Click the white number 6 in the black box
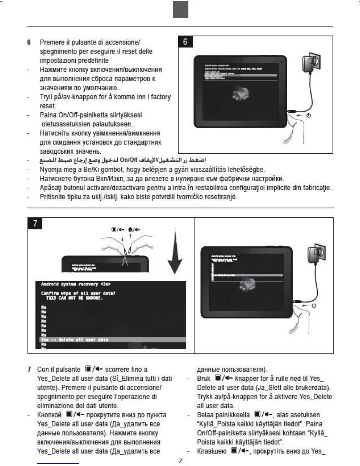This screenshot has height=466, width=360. (185, 42)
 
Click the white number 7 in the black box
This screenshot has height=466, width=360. (35, 223)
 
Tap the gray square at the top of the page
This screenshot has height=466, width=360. (180, 9)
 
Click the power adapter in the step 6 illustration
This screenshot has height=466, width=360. (311, 62)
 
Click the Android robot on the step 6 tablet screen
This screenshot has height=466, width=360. (241, 92)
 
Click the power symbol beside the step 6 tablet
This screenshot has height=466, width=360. (309, 115)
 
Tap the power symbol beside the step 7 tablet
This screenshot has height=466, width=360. (314, 306)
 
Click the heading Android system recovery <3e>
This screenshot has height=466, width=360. (76, 284)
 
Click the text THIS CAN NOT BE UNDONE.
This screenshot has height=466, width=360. (74, 298)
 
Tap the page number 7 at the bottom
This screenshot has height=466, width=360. (181, 461)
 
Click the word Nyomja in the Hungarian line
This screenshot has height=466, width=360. (49, 169)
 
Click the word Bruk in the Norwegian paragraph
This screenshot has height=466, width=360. (204, 378)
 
